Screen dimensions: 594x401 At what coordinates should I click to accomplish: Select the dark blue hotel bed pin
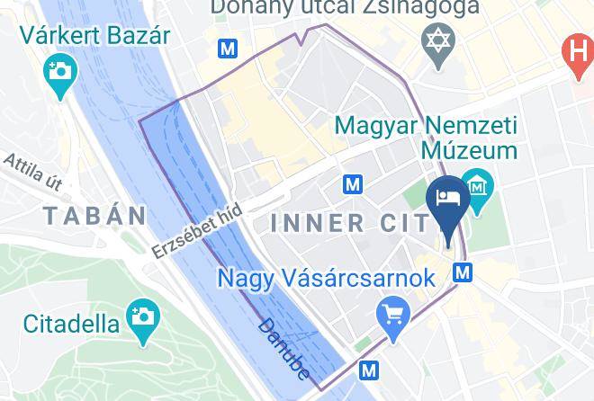447,200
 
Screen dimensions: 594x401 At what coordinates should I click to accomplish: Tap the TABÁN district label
94,216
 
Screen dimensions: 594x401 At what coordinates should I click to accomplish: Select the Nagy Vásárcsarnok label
327,278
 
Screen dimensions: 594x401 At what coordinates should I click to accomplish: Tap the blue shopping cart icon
394,314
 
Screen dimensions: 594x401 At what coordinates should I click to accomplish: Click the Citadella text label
71,322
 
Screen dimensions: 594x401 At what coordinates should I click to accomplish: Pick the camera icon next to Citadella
141,316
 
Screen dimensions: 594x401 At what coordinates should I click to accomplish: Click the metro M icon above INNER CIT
354,184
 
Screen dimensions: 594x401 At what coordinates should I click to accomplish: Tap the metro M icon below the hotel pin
463,271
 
